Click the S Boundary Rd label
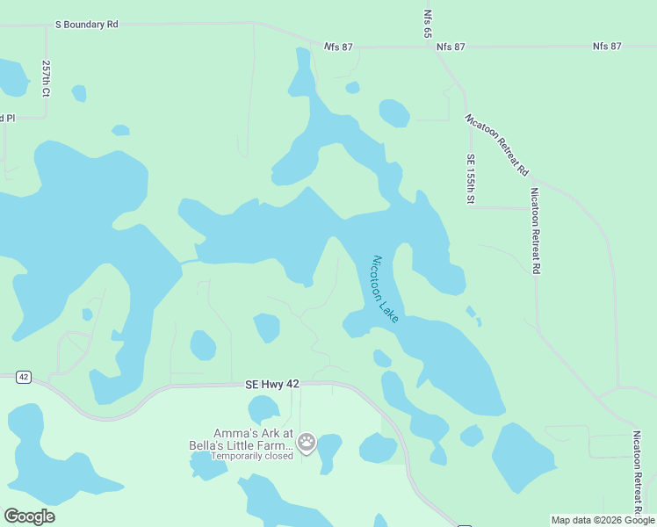pos(87,25)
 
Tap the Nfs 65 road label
pos(428,23)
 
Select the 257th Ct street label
pos(46,78)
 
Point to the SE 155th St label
pos(471,179)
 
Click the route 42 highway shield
pos(24,377)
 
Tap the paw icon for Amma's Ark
pos(307,443)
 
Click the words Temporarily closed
pos(251,456)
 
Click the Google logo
pos(29,516)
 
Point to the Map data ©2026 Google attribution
pos(603,520)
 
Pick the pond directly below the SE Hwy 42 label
pos(263,409)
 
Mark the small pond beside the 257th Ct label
pos(79,93)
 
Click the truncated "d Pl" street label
pos(7,118)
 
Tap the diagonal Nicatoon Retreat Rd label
pos(497,143)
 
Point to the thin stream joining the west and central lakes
pos(188,261)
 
